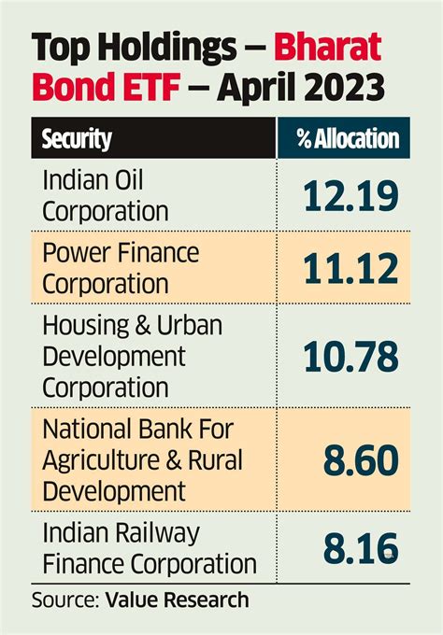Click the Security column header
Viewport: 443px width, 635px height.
point(77,139)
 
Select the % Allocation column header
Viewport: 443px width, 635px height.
point(347,139)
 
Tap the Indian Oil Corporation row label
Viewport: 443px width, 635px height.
point(106,194)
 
